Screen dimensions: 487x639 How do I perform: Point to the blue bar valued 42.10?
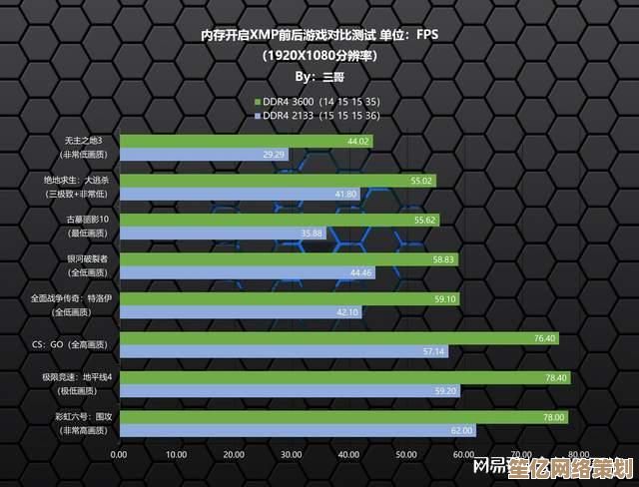click(240, 311)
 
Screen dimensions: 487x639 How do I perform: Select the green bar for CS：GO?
click(338, 338)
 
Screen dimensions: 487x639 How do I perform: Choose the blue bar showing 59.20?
click(289, 390)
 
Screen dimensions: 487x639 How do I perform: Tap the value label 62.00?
click(461, 430)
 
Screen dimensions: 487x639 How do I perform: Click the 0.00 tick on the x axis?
click(119, 454)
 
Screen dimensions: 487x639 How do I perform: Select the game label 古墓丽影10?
click(87, 219)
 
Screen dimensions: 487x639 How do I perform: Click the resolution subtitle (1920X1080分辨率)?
click(319, 55)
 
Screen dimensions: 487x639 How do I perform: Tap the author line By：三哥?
click(319, 76)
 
